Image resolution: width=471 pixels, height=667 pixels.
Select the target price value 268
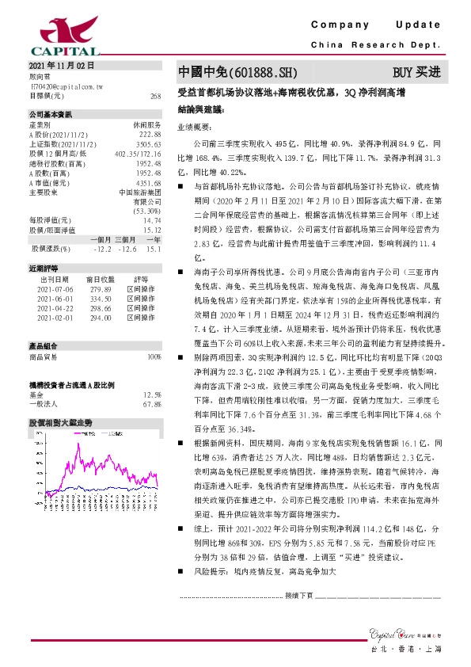pyautogui.click(x=155, y=95)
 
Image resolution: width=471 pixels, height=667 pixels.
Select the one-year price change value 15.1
pyautogui.click(x=154, y=250)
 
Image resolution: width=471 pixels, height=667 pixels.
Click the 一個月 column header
pyautogui.click(x=101, y=240)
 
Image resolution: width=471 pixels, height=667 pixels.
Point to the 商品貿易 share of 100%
pyautogui.click(x=154, y=357)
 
